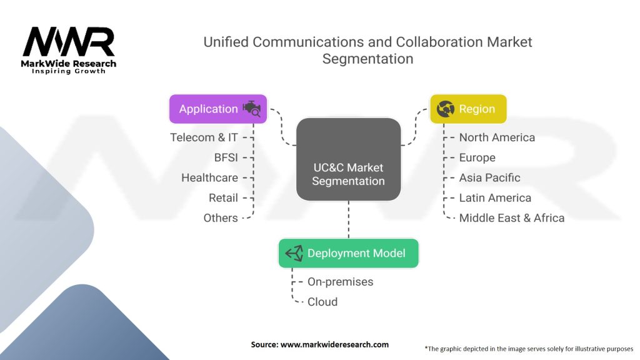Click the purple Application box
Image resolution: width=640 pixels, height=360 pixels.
[x=218, y=109]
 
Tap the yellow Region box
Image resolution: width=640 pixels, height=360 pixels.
[x=467, y=109]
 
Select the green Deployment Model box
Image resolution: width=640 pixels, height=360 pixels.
[x=348, y=253]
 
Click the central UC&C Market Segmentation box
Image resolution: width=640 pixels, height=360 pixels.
[x=348, y=159]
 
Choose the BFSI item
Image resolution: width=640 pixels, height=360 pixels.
[x=226, y=157]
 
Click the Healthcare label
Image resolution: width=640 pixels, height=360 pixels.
[x=209, y=177]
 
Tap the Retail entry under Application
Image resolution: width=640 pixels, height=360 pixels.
[x=223, y=197]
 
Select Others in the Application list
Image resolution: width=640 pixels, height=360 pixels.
[x=221, y=217]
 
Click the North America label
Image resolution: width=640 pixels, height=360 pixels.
[x=497, y=137]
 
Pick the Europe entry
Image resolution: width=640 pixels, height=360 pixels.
[x=477, y=157]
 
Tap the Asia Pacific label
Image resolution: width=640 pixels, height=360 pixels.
[x=489, y=177]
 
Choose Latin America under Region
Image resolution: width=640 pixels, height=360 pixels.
[x=495, y=197]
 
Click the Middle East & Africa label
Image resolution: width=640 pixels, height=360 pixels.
[x=511, y=217]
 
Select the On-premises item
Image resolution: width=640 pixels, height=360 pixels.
[x=340, y=281]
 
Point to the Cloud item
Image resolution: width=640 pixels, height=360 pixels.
[x=322, y=301]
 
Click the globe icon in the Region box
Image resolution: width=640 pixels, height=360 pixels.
[x=446, y=109]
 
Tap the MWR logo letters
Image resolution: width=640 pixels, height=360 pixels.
[x=69, y=42]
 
